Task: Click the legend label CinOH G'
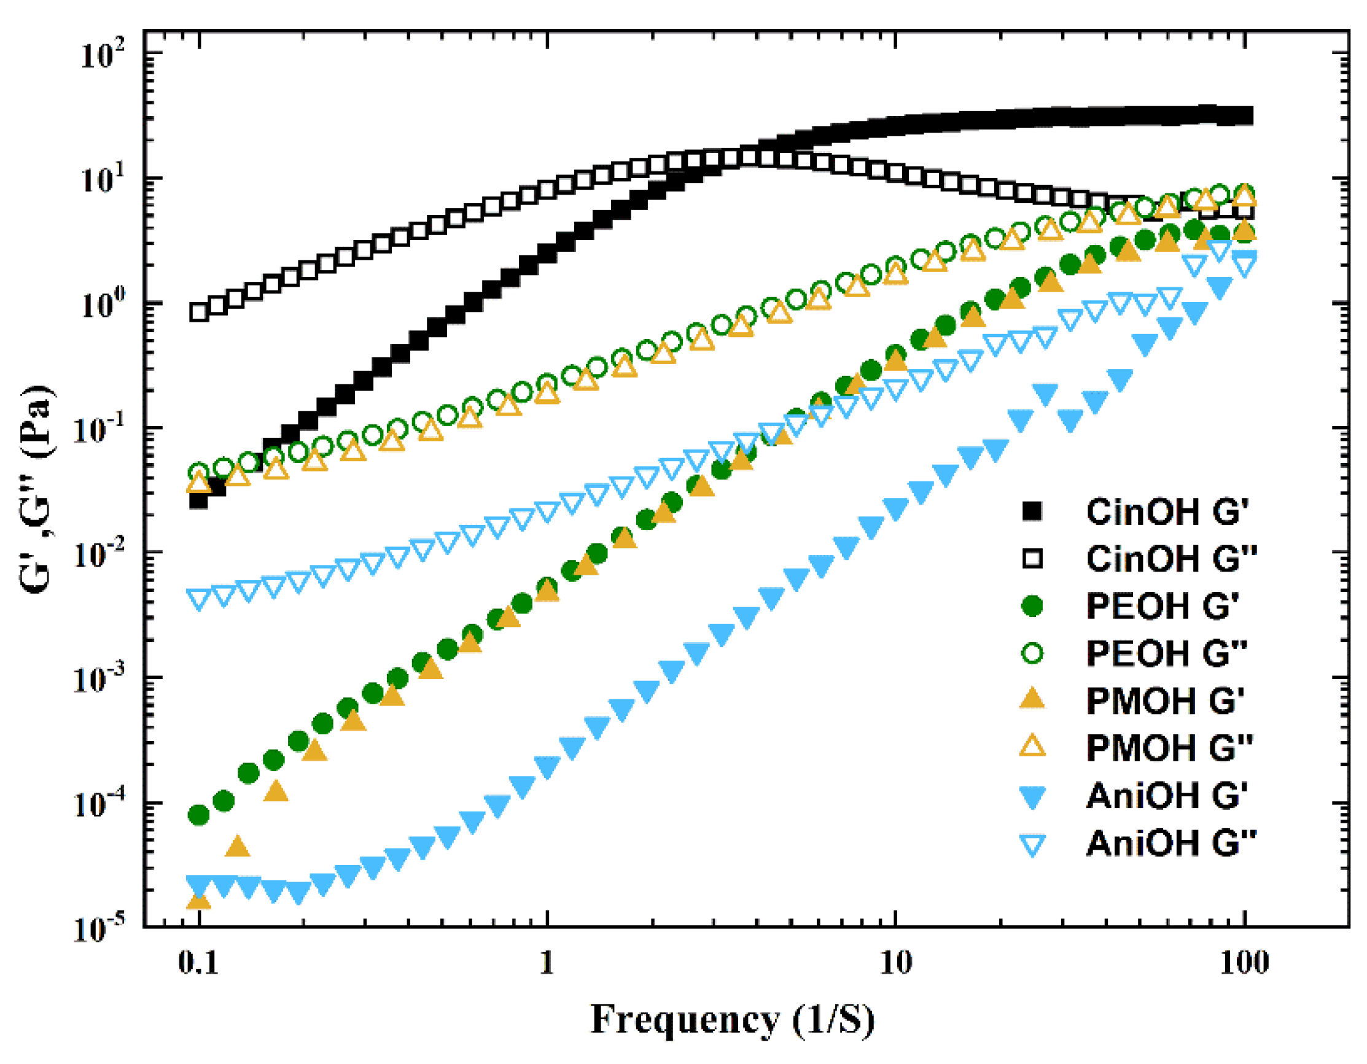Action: [1167, 513]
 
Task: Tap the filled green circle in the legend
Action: [1032, 607]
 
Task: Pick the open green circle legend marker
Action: [1032, 654]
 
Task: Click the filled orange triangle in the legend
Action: [1032, 700]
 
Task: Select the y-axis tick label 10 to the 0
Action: [103, 304]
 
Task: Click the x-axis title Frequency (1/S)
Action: [732, 1020]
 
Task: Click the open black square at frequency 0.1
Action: [199, 312]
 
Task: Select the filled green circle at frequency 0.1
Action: [199, 815]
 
